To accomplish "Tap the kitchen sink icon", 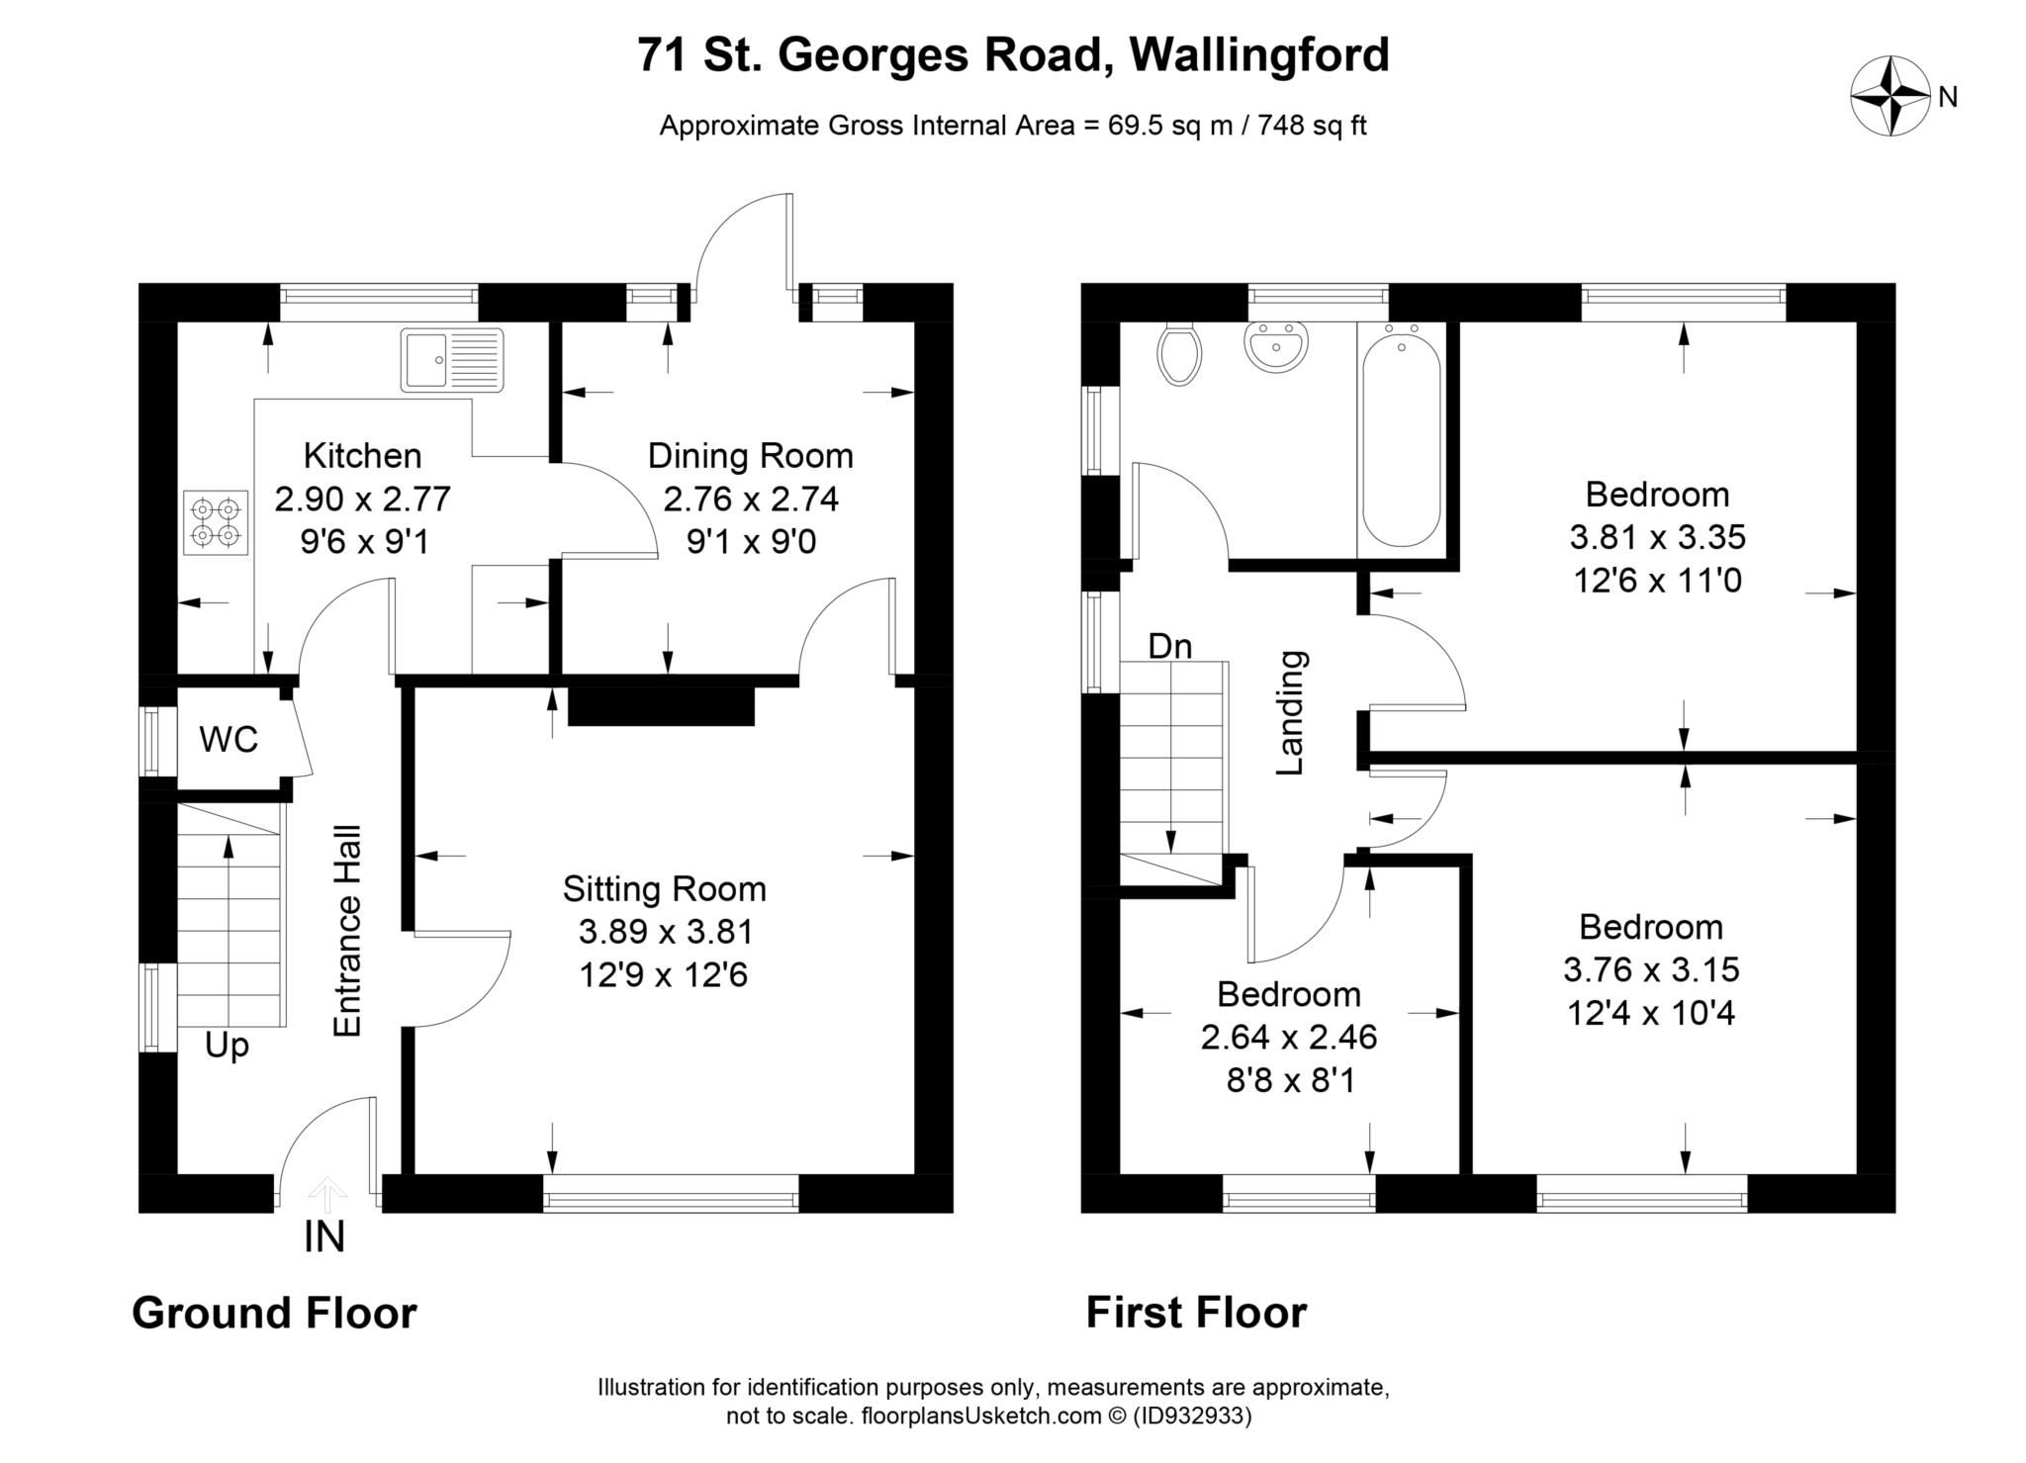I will tap(452, 360).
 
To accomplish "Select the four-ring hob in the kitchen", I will tap(216, 522).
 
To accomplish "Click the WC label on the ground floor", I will tap(229, 739).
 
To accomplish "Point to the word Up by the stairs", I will tap(227, 1045).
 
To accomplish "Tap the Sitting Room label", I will tap(664, 888).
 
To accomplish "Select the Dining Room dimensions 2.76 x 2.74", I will tap(751, 499).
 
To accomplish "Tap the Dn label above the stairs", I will tap(1169, 646).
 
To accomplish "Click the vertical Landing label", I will tap(1290, 712).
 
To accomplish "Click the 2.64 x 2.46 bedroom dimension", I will tap(1288, 1037).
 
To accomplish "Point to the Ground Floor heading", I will tap(274, 1313).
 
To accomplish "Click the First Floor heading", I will tap(1196, 1313).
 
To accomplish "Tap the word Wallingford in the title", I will tap(1258, 54).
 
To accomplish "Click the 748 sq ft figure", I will tap(1312, 126).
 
